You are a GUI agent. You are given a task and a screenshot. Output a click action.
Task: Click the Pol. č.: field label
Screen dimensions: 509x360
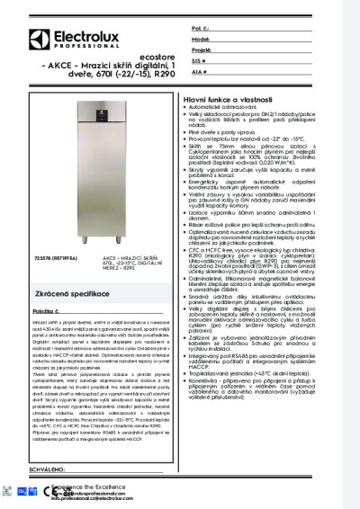click(201, 29)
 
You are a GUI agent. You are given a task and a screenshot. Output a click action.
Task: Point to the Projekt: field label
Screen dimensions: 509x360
click(202, 50)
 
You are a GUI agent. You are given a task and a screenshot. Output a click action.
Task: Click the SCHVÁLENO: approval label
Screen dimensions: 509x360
click(35, 470)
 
